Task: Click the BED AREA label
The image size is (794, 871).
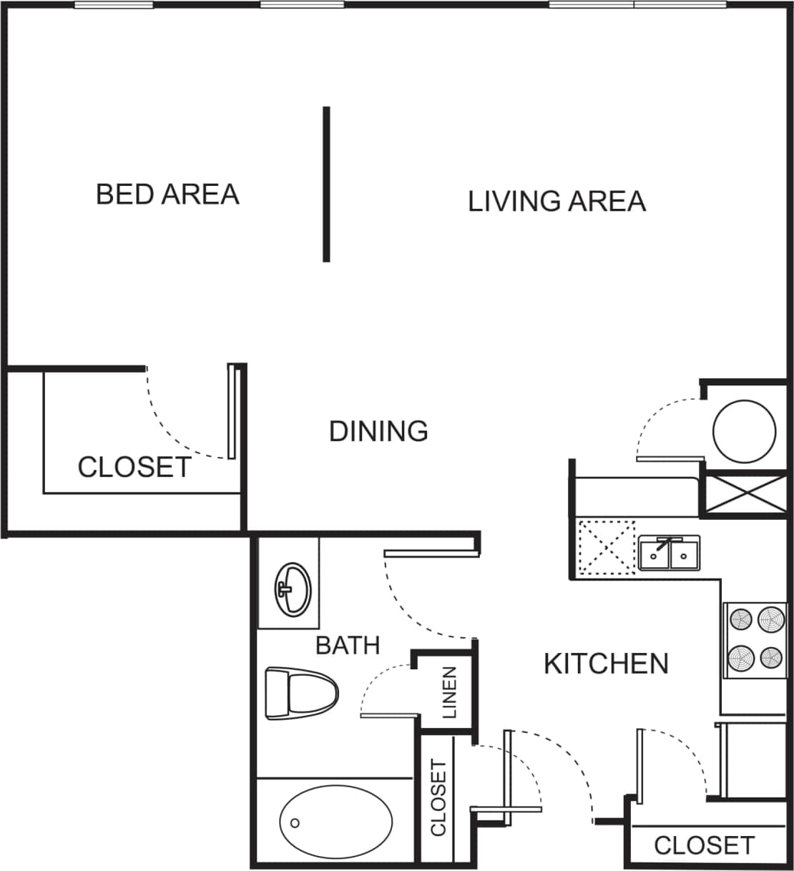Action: coord(167,195)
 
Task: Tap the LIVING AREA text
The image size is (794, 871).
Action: coord(557,202)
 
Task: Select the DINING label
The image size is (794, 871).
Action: coord(378,431)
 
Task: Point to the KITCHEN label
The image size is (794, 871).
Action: coord(606,664)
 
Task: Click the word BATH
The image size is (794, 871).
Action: coord(348,646)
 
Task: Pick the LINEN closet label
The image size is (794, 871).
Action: coord(449,692)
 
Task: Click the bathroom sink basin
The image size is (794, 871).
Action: coord(293,588)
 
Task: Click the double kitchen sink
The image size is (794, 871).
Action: coord(670,553)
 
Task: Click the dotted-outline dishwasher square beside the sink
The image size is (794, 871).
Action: coord(607,547)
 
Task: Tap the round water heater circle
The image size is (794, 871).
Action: coord(744,431)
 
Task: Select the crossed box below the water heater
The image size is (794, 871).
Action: coord(745,493)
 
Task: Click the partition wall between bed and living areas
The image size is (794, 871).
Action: coord(326,184)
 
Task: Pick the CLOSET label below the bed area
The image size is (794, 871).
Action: coord(134,468)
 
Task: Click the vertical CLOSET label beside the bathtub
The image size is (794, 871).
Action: coord(438,797)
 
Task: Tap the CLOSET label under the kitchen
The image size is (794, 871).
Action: coord(704,845)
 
